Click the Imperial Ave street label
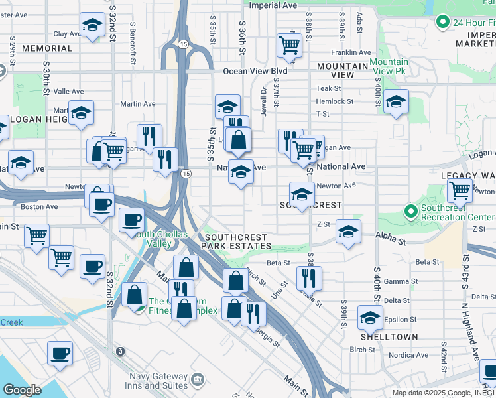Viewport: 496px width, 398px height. point(272,5)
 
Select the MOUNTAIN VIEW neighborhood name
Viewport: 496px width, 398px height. point(343,70)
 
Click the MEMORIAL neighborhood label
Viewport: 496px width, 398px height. point(46,48)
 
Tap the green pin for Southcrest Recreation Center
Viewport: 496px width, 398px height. point(411,212)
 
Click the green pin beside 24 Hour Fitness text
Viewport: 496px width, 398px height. point(442,23)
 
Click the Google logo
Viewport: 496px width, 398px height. point(22,390)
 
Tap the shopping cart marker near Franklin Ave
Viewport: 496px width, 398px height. point(289,46)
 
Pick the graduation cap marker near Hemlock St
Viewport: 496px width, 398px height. point(396,101)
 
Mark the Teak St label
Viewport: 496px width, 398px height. point(328,88)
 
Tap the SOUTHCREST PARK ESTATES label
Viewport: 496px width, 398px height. point(237,241)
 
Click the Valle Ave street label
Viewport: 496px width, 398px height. point(69,92)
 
